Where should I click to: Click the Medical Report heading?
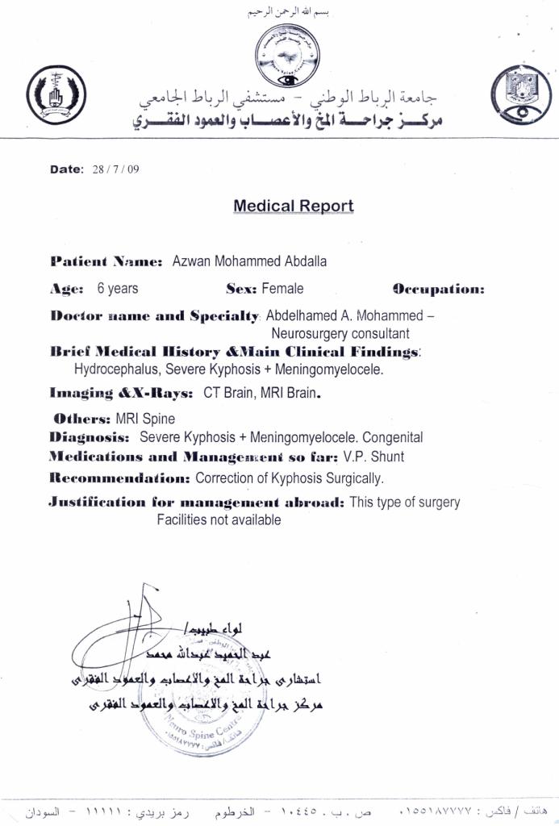(x=293, y=206)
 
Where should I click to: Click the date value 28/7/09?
(x=116, y=169)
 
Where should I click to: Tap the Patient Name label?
(x=106, y=261)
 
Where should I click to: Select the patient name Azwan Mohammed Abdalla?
(x=249, y=261)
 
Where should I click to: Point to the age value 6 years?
(x=117, y=288)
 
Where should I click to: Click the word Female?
(x=282, y=288)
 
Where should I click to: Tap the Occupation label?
(x=438, y=289)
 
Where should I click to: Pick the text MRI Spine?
(x=145, y=419)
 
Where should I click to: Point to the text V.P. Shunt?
(x=381, y=457)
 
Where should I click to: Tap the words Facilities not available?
(x=219, y=520)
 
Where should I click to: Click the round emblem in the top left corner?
(x=56, y=91)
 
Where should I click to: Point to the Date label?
(x=67, y=169)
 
